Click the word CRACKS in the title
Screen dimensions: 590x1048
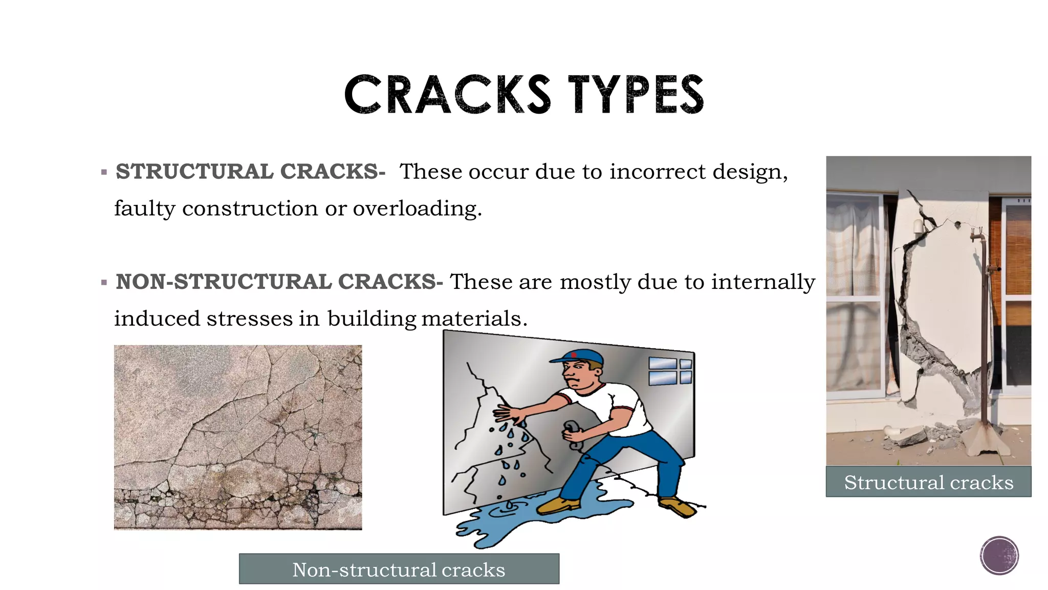[x=447, y=95]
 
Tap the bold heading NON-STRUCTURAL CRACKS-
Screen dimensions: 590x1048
[x=279, y=282]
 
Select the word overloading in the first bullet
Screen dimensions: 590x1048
[x=417, y=209]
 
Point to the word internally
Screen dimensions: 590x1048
[x=762, y=282]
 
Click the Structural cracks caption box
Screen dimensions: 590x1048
[x=928, y=482]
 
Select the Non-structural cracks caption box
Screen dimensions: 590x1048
[x=399, y=569]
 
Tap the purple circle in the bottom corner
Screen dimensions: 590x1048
[x=999, y=556]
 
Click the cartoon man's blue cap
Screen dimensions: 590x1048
[x=578, y=356]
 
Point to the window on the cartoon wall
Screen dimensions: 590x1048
[x=670, y=371]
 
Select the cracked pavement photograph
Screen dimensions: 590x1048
[x=237, y=437]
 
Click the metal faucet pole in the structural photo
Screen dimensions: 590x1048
[x=984, y=333]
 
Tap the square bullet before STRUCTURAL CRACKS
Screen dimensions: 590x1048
[x=104, y=173]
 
